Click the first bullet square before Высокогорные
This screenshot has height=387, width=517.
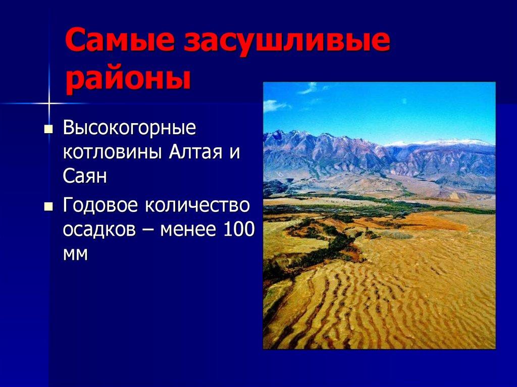tap(48, 129)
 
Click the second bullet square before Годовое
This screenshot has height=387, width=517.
tap(48, 206)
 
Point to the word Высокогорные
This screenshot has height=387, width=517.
tap(129, 128)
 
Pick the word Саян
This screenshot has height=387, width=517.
tap(85, 176)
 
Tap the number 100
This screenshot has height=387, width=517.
tap(237, 230)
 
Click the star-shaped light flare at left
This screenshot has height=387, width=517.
tap(49, 104)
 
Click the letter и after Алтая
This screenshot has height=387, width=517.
tap(233, 152)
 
